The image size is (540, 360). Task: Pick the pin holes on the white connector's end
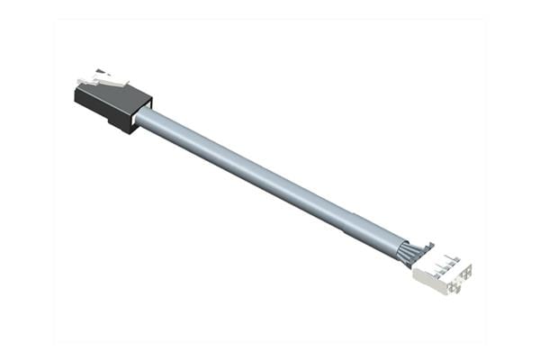[x=457, y=279]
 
